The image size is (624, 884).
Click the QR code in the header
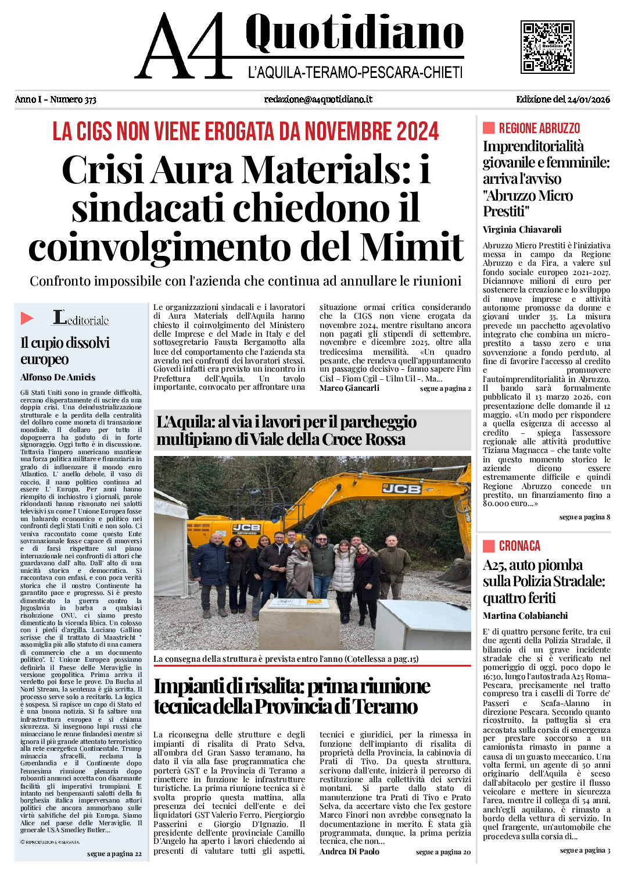[547, 47]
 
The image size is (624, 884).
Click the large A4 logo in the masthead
[185, 47]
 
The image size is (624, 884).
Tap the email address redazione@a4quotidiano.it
[318, 99]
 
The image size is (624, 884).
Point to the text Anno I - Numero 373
[56, 99]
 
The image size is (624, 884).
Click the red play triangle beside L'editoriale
[27, 318]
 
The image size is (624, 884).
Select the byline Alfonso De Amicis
[58, 377]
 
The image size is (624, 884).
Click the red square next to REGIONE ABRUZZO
[489, 128]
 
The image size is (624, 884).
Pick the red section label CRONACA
[519, 546]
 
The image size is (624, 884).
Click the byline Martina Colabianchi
[525, 615]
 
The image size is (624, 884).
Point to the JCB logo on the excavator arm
[401, 489]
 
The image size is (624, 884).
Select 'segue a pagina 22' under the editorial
[114, 854]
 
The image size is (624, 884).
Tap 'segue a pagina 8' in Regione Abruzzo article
[584, 517]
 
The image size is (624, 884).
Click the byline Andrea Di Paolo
[349, 851]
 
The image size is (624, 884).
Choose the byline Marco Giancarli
[349, 388]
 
